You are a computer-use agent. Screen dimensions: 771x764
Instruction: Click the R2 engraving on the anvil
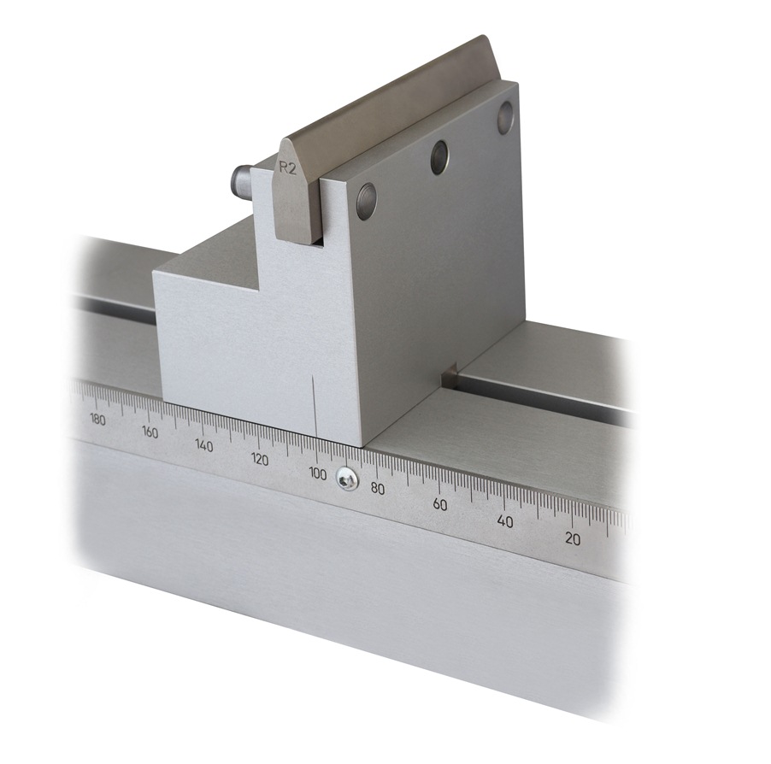click(288, 168)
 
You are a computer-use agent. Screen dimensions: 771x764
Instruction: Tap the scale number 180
click(97, 420)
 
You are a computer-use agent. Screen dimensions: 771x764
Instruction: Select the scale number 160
click(150, 432)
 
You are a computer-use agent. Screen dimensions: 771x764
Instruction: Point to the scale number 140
click(203, 445)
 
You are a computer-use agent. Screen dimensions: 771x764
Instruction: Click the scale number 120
click(259, 459)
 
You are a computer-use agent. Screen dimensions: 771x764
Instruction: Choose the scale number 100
click(317, 473)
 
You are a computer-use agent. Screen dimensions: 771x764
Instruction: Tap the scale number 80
click(377, 488)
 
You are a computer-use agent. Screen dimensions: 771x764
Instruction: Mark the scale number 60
click(439, 504)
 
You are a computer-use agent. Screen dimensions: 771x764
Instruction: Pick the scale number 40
click(504, 521)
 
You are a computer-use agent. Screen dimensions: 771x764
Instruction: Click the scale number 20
click(572, 538)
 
